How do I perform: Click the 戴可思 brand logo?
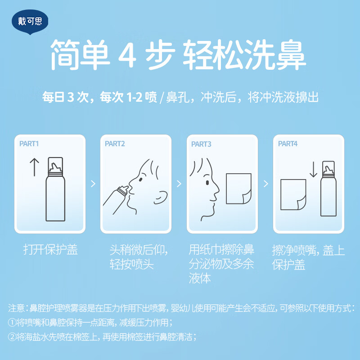[30, 22]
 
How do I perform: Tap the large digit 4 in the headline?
[128, 54]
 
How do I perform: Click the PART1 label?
[29, 144]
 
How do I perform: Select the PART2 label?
[115, 144]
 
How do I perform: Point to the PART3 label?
[201, 144]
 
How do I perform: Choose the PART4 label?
[288, 144]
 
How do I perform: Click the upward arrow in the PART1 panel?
[35, 167]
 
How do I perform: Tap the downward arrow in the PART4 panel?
[313, 170]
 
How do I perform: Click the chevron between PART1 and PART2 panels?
[93, 184]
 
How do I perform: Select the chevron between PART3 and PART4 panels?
[266, 184]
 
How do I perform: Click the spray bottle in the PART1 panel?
[55, 189]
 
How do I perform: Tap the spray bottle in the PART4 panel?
[328, 189]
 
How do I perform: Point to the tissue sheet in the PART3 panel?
[238, 189]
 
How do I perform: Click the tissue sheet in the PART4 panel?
[293, 194]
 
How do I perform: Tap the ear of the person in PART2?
[161, 198]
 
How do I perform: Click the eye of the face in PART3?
[207, 183]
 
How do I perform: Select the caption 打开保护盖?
[50, 250]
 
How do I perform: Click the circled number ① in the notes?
[12, 323]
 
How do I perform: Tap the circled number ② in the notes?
[12, 337]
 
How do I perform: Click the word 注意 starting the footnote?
[16, 308]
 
